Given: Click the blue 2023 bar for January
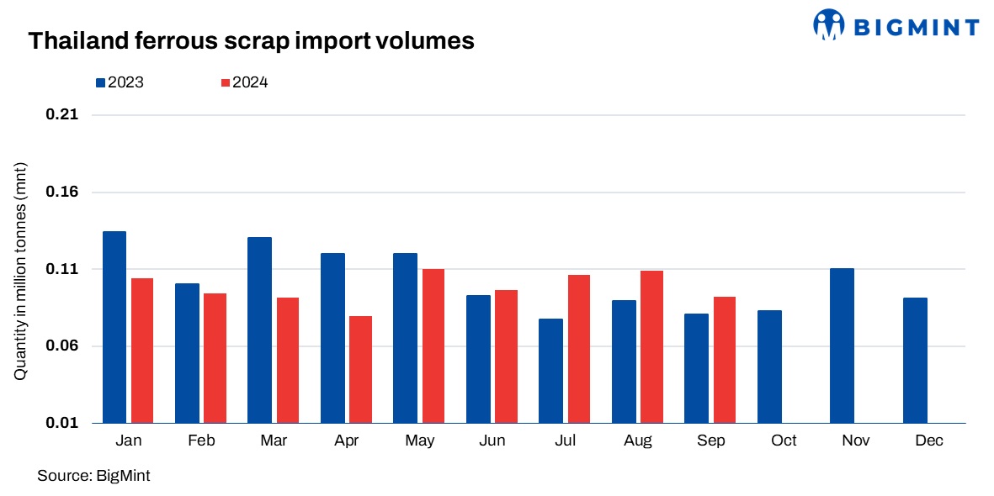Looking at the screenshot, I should (x=114, y=327).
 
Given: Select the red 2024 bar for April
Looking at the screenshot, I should (x=360, y=369).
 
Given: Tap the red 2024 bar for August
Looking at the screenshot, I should (x=651, y=346).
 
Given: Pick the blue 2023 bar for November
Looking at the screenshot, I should (x=842, y=346).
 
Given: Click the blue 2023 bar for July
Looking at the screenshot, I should (x=551, y=371).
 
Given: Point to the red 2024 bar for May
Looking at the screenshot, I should (x=433, y=346).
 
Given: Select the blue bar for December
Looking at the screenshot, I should (x=915, y=360).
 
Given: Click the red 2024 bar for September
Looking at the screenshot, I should (x=725, y=360).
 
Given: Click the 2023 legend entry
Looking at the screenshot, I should (x=119, y=82).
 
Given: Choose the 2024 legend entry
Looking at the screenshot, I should (x=243, y=82).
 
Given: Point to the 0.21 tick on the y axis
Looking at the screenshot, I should (x=61, y=115).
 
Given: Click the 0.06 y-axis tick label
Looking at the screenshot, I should (x=61, y=346).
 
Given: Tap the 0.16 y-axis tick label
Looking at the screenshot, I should (x=61, y=193).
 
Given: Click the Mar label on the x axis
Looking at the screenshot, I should (x=273, y=441).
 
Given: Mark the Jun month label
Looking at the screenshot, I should (x=492, y=441).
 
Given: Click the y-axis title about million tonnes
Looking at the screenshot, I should (x=21, y=269).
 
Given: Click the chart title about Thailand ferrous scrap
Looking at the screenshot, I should (x=251, y=40).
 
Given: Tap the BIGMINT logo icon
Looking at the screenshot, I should (x=828, y=24).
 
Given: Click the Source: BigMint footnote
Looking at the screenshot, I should (x=93, y=476).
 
